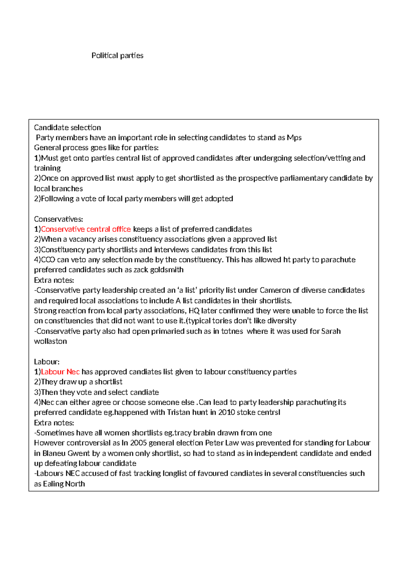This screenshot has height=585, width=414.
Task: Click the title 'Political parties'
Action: [117, 56]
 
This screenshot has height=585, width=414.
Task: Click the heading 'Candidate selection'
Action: [67, 128]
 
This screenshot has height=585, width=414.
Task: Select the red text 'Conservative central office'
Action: [86, 229]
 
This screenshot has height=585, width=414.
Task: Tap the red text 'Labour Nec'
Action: [60, 371]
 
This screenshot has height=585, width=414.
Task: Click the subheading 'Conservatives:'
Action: [58, 219]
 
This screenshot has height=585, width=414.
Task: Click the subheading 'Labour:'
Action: [47, 361]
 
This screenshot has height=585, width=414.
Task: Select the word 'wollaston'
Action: [50, 341]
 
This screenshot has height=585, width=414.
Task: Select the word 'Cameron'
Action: [275, 290]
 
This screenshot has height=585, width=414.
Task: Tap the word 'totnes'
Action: [232, 331]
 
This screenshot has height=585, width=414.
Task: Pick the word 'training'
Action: [47, 168]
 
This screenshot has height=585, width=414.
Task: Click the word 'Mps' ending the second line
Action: [294, 138]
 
